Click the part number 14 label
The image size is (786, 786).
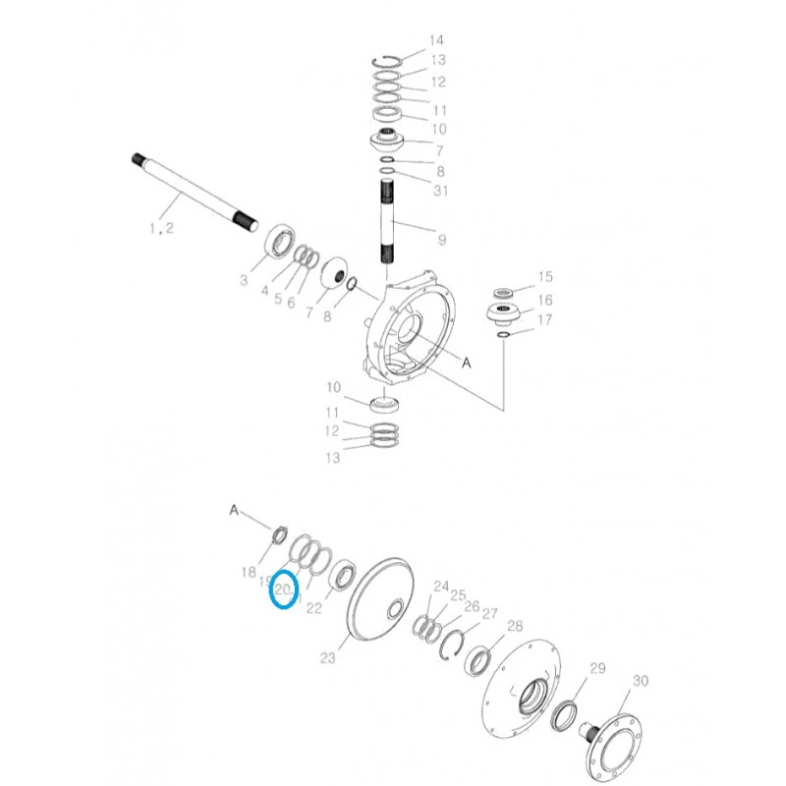[x=436, y=40]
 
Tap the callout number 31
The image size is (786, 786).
[x=440, y=191]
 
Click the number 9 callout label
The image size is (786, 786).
[x=441, y=239]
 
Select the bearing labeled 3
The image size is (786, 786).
[x=277, y=243]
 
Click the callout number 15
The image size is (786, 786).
[x=544, y=277]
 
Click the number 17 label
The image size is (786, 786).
[x=544, y=320]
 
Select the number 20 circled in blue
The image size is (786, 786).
[x=283, y=589]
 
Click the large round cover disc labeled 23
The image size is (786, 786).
[x=379, y=600]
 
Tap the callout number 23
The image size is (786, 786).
[x=328, y=658]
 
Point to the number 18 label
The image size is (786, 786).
[x=249, y=572]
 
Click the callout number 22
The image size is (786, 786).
[x=314, y=608]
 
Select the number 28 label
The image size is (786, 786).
[x=515, y=626]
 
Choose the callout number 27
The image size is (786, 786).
[x=490, y=613]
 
